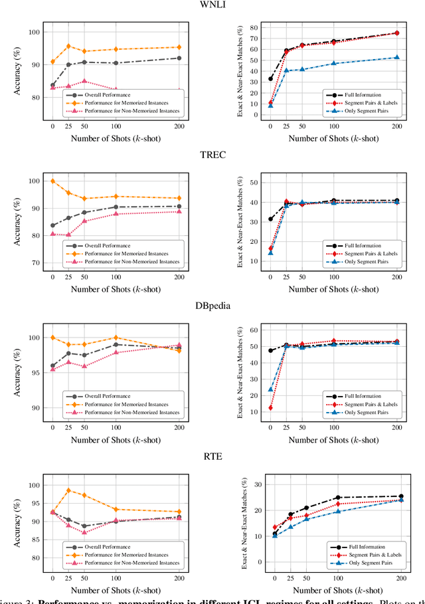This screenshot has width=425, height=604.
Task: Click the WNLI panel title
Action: coord(212,5)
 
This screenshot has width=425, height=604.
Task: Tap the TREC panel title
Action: coord(212,156)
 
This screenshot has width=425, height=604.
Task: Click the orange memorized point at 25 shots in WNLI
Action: coord(68,47)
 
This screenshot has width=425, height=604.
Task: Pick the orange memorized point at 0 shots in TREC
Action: coord(53,181)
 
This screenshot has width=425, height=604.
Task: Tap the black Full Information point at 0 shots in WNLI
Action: coord(270,78)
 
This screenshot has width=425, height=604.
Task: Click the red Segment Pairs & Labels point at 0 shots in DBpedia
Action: coord(270,408)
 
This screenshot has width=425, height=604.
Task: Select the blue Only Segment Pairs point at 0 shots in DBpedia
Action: coord(270,389)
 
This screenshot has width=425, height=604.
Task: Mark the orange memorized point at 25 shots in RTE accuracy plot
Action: coord(68,490)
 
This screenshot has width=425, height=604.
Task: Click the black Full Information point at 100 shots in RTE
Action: coord(337,498)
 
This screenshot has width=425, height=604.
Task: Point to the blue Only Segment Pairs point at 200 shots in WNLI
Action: coord(397,57)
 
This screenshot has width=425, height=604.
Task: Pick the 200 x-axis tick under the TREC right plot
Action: coord(397,277)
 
